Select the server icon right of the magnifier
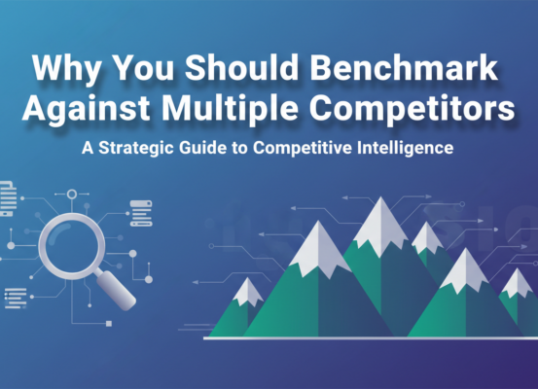(141, 214)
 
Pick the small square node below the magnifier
(108, 323)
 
